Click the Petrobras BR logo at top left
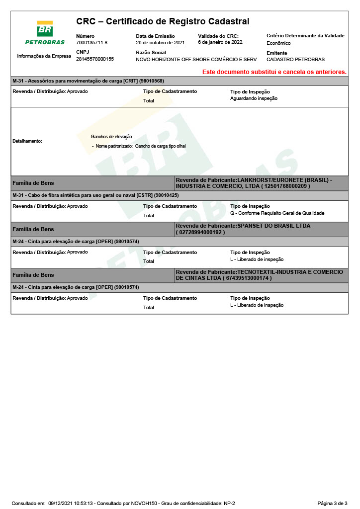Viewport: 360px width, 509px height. (45, 32)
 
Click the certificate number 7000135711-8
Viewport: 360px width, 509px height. (91, 43)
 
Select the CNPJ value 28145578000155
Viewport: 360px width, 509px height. (95, 59)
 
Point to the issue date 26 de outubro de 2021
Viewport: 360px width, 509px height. (161, 43)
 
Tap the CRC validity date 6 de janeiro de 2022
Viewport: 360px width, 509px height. (220, 42)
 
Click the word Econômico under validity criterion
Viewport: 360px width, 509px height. (278, 43)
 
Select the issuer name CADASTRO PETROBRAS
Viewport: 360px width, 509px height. (295, 60)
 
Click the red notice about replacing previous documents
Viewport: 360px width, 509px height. (274, 72)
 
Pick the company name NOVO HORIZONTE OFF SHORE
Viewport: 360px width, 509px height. (196, 60)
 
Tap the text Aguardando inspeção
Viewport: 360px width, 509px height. (254, 98)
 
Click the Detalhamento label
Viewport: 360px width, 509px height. (27, 141)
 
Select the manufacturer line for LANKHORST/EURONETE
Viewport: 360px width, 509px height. (261, 183)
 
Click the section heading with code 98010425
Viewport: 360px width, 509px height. (95, 195)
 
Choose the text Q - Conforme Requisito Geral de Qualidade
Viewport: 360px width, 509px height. (277, 213)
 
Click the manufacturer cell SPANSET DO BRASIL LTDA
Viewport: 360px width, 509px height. (261, 229)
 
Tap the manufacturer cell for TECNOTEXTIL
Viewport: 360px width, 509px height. (261, 275)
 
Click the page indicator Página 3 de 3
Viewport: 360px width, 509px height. (332, 504)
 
